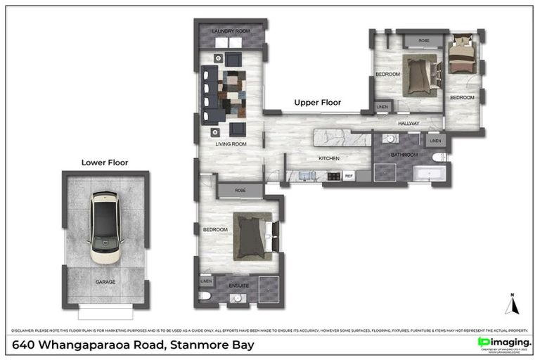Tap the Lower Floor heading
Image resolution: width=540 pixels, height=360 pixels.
click(105, 162)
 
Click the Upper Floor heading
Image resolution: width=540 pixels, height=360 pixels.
click(317, 103)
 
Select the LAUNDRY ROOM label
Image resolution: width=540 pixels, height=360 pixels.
click(231, 32)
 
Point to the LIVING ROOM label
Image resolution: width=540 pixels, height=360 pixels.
click(231, 144)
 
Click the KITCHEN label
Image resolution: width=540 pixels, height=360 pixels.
click(329, 158)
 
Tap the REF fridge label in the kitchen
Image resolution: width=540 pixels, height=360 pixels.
click(348, 176)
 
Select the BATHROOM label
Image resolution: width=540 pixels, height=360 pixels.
click(404, 155)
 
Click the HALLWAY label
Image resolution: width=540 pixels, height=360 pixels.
click(409, 124)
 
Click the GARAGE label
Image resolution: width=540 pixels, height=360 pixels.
click(105, 282)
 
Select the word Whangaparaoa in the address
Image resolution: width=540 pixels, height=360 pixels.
click(89, 345)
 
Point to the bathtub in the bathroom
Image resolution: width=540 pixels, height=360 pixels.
click(428, 174)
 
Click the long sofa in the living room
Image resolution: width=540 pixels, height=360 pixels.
click(208, 96)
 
